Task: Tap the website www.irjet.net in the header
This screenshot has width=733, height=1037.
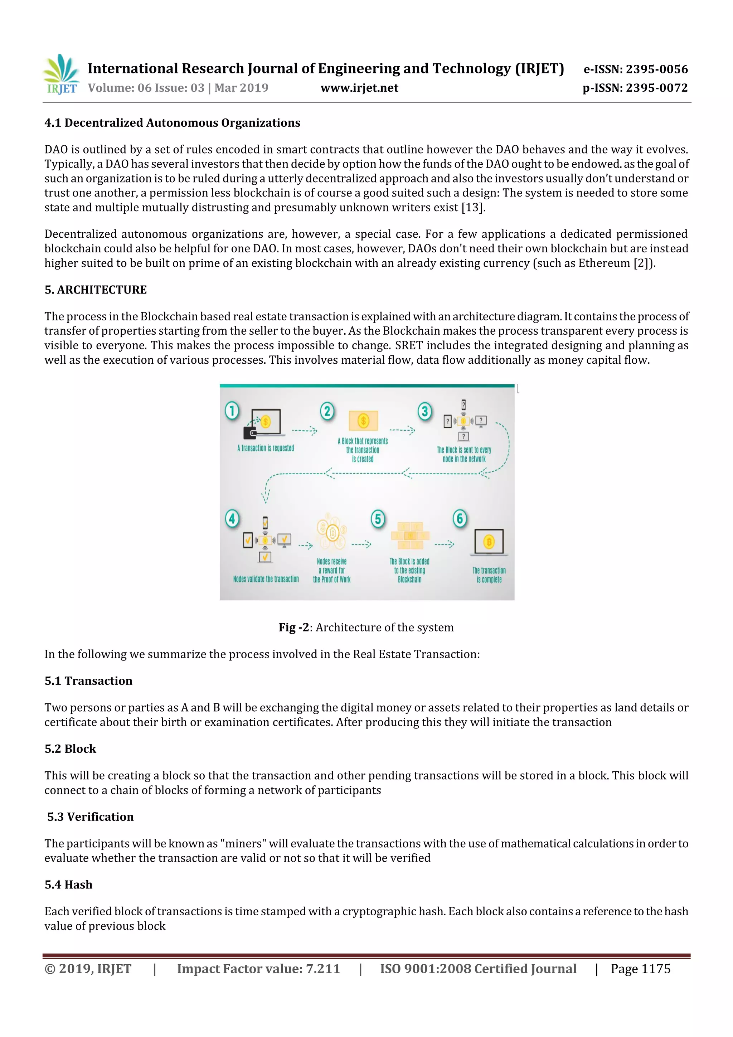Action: pos(359,88)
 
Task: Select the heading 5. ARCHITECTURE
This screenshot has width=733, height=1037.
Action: pos(96,290)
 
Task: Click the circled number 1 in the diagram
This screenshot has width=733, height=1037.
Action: pos(232,411)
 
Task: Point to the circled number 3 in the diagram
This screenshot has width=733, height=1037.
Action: pos(424,411)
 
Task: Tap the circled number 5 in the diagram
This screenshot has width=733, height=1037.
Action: pos(378,519)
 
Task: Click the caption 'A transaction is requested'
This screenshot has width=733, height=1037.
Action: pos(266,448)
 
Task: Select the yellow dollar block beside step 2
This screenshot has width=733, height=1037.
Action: pos(363,421)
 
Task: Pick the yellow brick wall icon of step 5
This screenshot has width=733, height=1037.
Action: pos(410,536)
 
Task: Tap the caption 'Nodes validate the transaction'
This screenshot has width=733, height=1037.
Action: pos(266,579)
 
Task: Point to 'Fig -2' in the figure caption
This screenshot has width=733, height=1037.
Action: pos(293,627)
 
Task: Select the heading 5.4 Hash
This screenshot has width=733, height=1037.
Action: pos(69,885)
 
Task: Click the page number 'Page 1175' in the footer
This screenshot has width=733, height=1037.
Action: pos(640,968)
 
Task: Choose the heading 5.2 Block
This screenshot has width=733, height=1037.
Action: pos(71,748)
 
